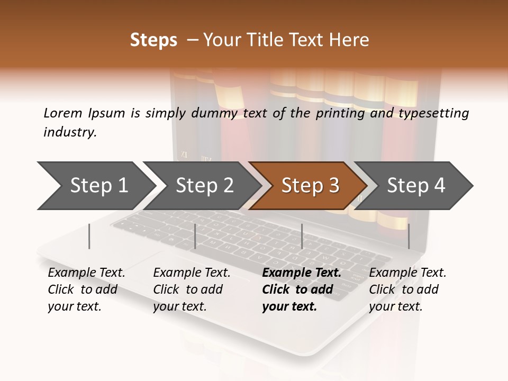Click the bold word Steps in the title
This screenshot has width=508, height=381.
tap(153, 40)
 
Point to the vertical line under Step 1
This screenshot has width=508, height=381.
tap(89, 236)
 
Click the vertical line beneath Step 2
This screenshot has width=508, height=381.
tap(195, 236)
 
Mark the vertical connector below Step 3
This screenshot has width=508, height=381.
tap(302, 236)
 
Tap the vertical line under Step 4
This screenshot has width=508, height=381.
tap(409, 236)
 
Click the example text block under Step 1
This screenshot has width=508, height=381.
tap(86, 289)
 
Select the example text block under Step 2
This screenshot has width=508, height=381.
tap(192, 289)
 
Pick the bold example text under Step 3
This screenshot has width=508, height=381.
tap(301, 289)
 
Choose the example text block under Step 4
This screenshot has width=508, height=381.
tap(407, 289)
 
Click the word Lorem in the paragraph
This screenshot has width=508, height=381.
tap(63, 113)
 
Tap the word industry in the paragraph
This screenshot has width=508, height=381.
tap(70, 132)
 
